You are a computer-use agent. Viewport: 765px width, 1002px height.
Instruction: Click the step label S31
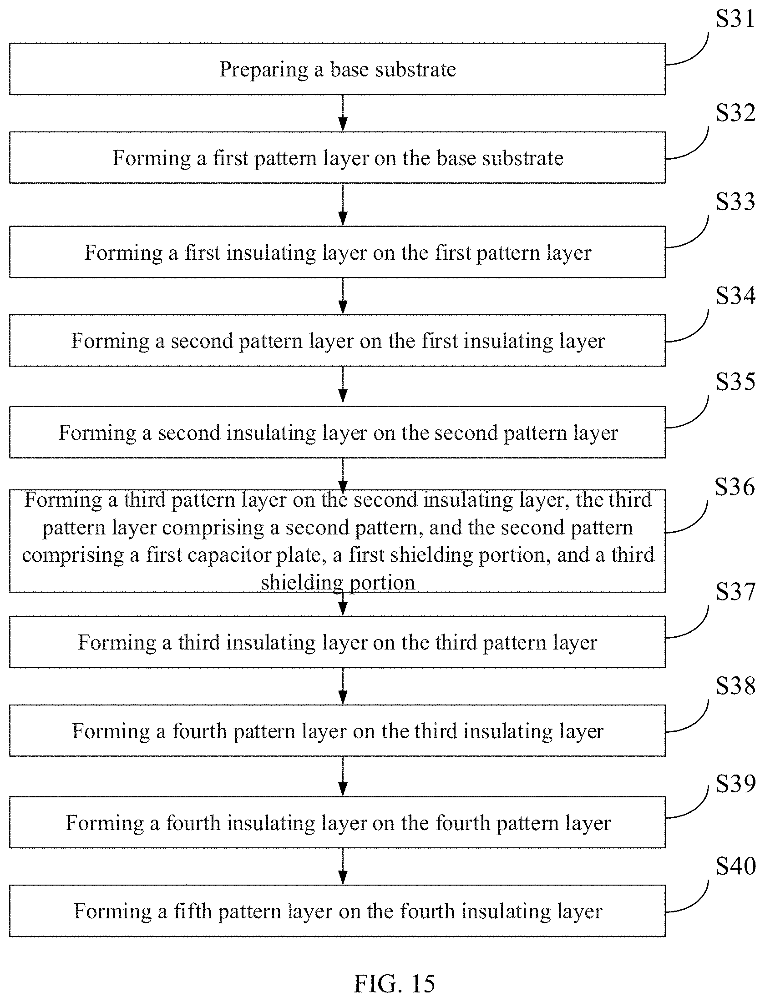[735, 19]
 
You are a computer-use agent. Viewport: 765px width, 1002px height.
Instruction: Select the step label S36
[734, 487]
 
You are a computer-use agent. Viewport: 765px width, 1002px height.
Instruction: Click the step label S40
[735, 866]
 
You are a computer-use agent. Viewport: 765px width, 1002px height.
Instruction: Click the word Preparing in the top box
[263, 70]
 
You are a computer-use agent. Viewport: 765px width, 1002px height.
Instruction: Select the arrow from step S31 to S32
[343, 113]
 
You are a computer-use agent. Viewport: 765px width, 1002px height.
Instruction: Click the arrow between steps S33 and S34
[343, 296]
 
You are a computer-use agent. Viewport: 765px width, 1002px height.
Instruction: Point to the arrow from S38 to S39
[343, 776]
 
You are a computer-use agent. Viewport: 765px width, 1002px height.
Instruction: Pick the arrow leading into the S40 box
[343, 866]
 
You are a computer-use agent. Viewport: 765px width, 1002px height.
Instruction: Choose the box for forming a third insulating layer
[337, 642]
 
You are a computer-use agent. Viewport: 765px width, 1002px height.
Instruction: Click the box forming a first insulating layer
[337, 252]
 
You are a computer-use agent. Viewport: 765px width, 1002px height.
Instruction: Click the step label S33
[735, 201]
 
